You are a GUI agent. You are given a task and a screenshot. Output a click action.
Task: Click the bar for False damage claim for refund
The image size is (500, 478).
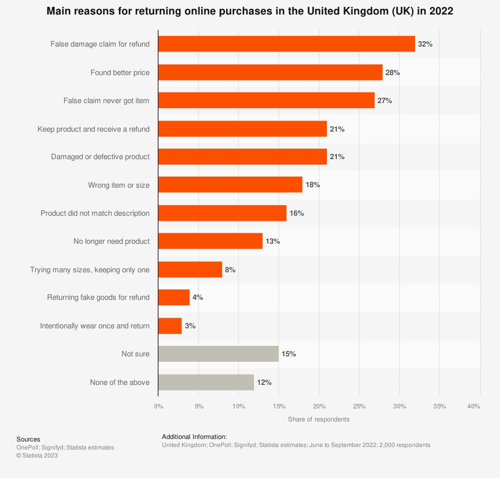click(x=286, y=44)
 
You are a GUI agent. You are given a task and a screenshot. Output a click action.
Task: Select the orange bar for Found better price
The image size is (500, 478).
click(x=270, y=73)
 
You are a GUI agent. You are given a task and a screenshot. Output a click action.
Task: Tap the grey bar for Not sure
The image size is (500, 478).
click(x=218, y=354)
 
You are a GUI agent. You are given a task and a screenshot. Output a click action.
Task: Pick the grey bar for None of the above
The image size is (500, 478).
click(x=206, y=382)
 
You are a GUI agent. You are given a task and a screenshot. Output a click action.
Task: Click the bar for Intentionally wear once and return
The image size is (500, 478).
click(x=170, y=326)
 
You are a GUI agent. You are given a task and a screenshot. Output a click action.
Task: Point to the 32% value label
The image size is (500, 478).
click(x=425, y=44)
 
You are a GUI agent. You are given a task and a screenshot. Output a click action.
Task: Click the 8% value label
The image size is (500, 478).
click(x=230, y=270)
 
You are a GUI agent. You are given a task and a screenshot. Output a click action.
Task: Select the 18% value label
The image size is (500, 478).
click(x=312, y=185)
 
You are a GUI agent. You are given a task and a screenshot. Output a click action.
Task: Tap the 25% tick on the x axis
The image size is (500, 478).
click(x=359, y=406)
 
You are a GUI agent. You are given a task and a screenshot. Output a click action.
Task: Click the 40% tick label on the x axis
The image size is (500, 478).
click(x=473, y=406)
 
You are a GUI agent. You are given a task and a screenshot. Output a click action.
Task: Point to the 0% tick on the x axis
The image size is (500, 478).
click(x=158, y=406)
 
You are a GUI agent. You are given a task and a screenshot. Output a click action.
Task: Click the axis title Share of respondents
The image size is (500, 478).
click(x=318, y=419)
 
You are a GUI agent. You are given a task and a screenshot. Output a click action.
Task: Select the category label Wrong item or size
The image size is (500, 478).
click(x=118, y=185)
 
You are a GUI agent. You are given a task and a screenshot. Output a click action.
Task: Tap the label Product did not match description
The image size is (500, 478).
click(x=95, y=213)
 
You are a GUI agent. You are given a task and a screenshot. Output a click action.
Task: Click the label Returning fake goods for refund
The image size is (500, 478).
click(x=98, y=297)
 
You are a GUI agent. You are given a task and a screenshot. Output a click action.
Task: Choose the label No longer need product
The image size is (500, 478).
click(x=111, y=241)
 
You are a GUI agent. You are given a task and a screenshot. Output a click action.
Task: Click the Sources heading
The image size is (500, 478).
click(x=28, y=439)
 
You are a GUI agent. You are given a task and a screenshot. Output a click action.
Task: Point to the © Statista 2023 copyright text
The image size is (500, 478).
click(x=37, y=455)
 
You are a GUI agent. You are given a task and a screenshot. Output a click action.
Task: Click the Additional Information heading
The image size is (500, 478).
click(x=194, y=436)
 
